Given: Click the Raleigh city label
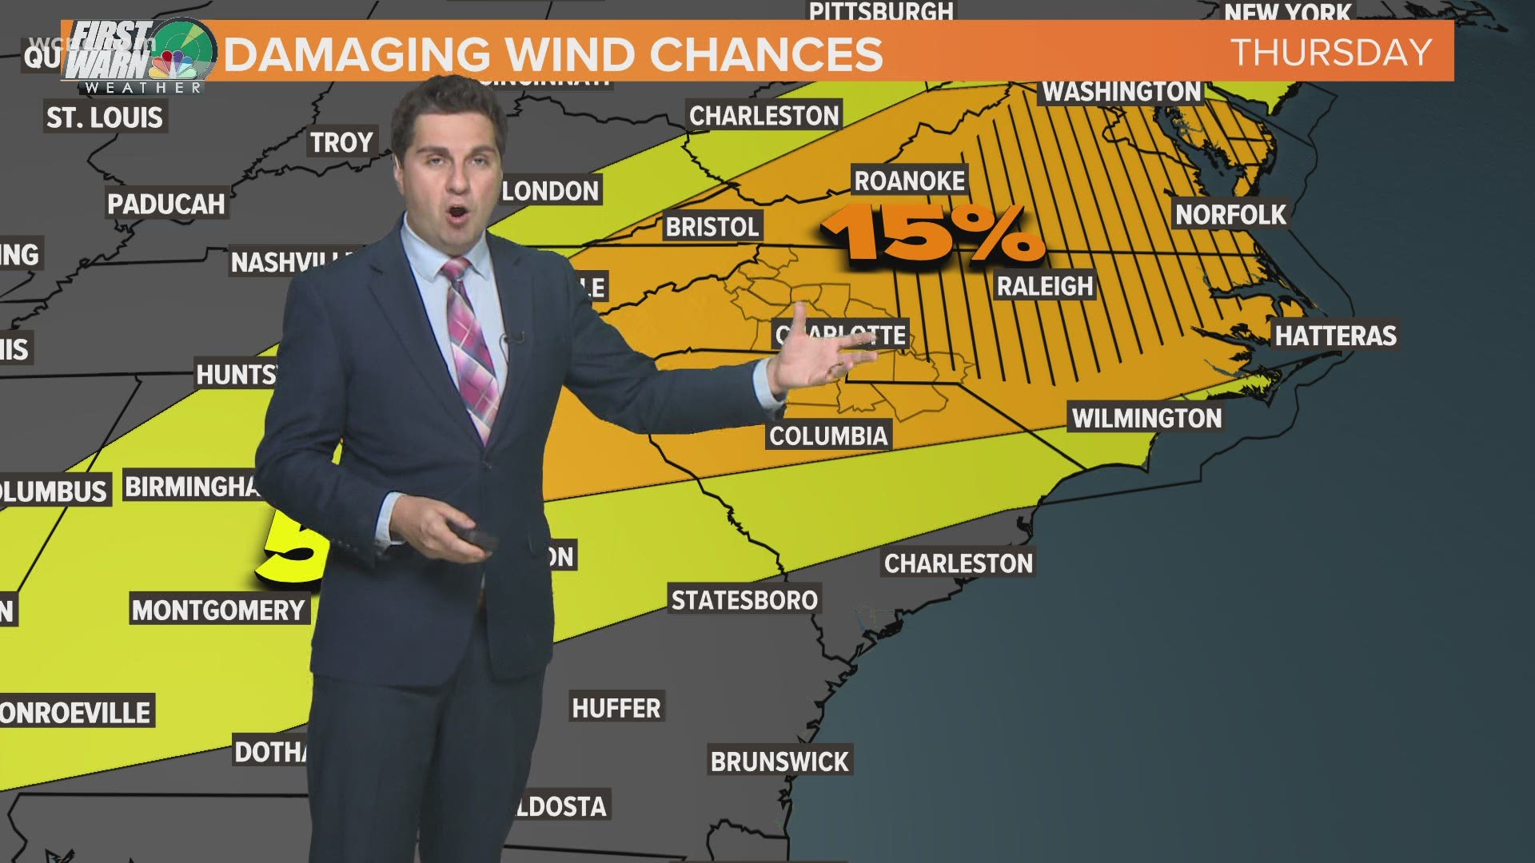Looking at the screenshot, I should coord(1044,286).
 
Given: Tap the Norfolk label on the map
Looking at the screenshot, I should coord(1230,214).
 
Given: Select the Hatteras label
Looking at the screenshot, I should coord(1335,336).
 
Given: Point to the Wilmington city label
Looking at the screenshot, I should coord(1146,418).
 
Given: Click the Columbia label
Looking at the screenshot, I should coord(828,435).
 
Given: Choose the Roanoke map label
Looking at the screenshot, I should coord(910,181).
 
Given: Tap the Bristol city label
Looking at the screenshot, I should coord(712,227).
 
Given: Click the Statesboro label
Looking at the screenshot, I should coord(744,600).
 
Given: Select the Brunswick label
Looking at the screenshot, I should coord(779,762).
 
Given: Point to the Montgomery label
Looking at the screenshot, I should coord(219,610).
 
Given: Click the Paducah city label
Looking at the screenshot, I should coord(166,204).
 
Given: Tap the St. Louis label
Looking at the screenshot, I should coord(105,117).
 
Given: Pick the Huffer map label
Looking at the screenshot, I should coord(616,708).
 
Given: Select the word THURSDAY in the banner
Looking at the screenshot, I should coord(1331,53).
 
